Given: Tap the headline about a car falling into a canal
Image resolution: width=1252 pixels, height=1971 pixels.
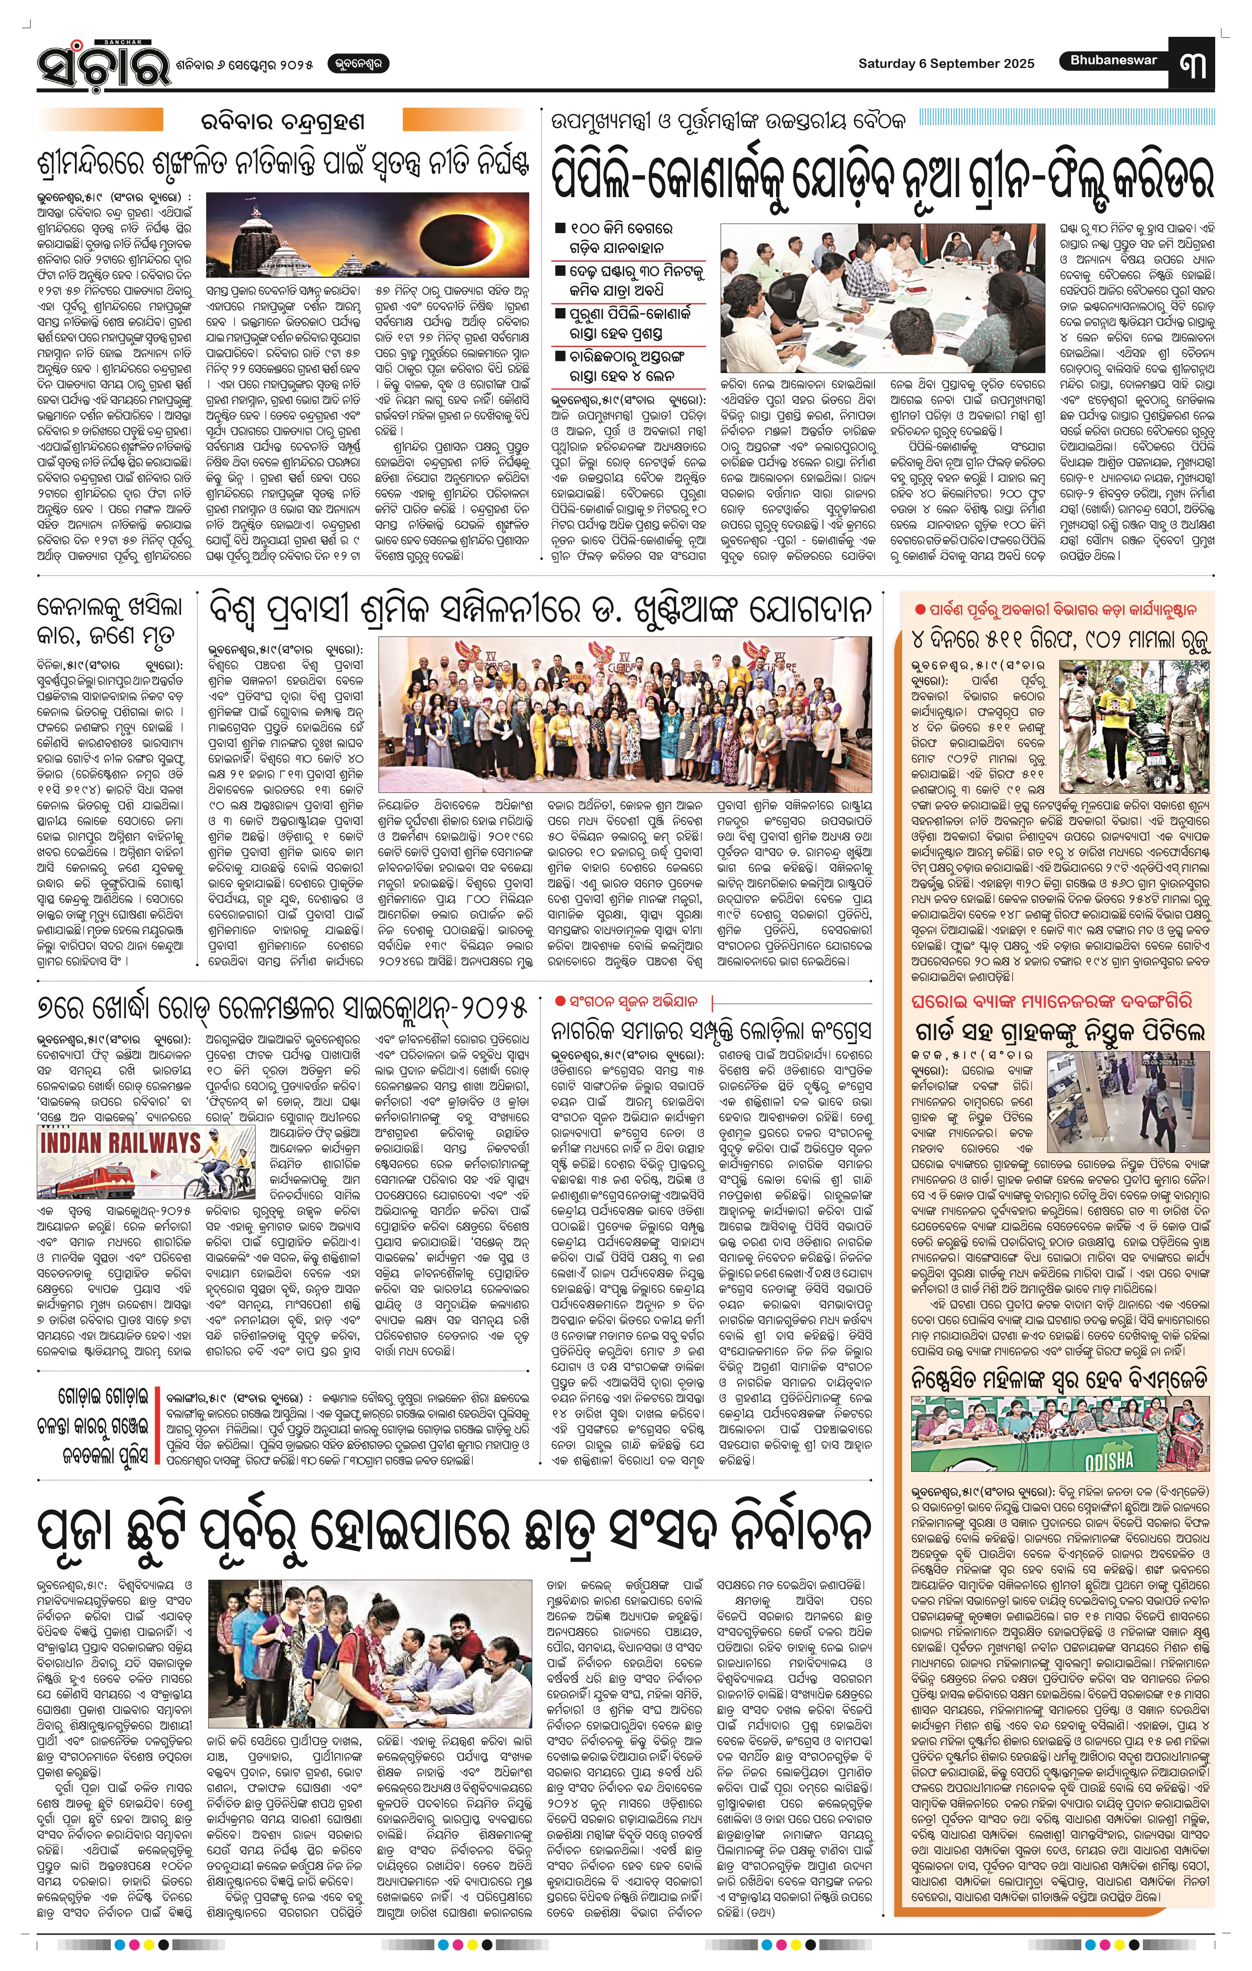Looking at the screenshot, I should (110, 621).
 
